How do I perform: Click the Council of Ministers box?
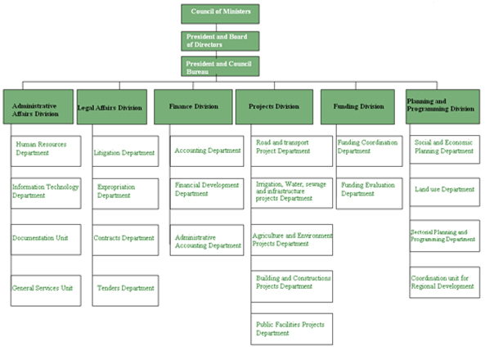[220, 14]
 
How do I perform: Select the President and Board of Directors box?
[220, 41]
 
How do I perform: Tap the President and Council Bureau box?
[220, 66]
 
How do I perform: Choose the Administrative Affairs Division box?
[38, 107]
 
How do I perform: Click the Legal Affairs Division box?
[112, 107]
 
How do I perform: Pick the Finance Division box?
[193, 107]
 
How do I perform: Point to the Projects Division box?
[274, 107]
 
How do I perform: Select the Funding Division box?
[357, 107]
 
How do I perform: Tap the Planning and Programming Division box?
[443, 107]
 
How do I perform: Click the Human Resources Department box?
[46, 151]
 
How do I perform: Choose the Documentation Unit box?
[46, 240]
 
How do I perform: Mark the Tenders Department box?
[126, 290]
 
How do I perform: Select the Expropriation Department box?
[126, 193]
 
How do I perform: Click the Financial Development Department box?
[207, 193]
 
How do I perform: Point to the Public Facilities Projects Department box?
[292, 329]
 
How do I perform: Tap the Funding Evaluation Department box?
[370, 193]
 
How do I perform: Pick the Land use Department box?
[445, 192]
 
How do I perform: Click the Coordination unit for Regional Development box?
[445, 282]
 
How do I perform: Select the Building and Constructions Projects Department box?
[292, 286]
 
